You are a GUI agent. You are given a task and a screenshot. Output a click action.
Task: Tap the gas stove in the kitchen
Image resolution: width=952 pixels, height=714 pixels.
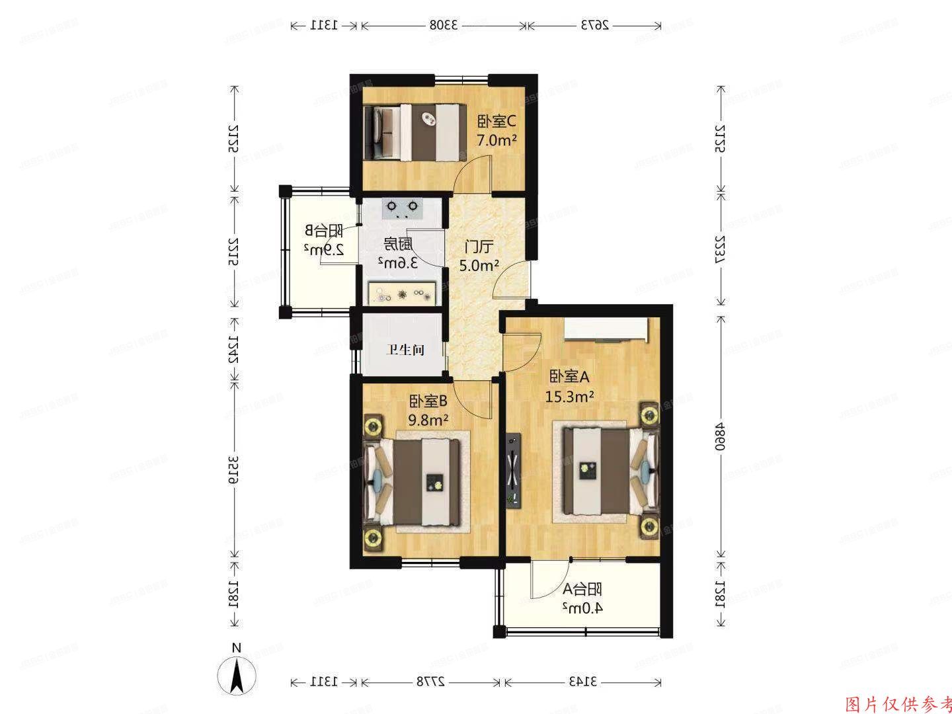(x=401, y=209)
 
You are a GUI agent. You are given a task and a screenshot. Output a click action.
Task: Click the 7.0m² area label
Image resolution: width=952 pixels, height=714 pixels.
(x=496, y=140)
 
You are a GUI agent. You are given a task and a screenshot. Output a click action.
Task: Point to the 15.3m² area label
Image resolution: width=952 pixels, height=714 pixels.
(x=569, y=396)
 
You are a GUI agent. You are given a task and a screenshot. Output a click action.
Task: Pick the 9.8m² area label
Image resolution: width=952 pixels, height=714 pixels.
(x=428, y=419)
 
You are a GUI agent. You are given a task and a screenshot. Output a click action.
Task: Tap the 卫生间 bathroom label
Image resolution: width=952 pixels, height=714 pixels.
(x=405, y=350)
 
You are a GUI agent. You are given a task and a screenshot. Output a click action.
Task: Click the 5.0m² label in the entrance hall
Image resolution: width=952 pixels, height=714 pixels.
(x=479, y=265)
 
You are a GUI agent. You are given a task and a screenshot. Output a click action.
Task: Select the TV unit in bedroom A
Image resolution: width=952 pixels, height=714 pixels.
(x=512, y=470)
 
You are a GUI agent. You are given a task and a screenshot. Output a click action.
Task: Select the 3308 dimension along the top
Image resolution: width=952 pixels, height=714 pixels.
(x=444, y=25)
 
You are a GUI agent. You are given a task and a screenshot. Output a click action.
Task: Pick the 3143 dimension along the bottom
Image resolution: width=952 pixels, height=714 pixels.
(x=582, y=681)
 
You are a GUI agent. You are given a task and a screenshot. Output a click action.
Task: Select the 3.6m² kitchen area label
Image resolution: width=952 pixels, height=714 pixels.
(x=398, y=262)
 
